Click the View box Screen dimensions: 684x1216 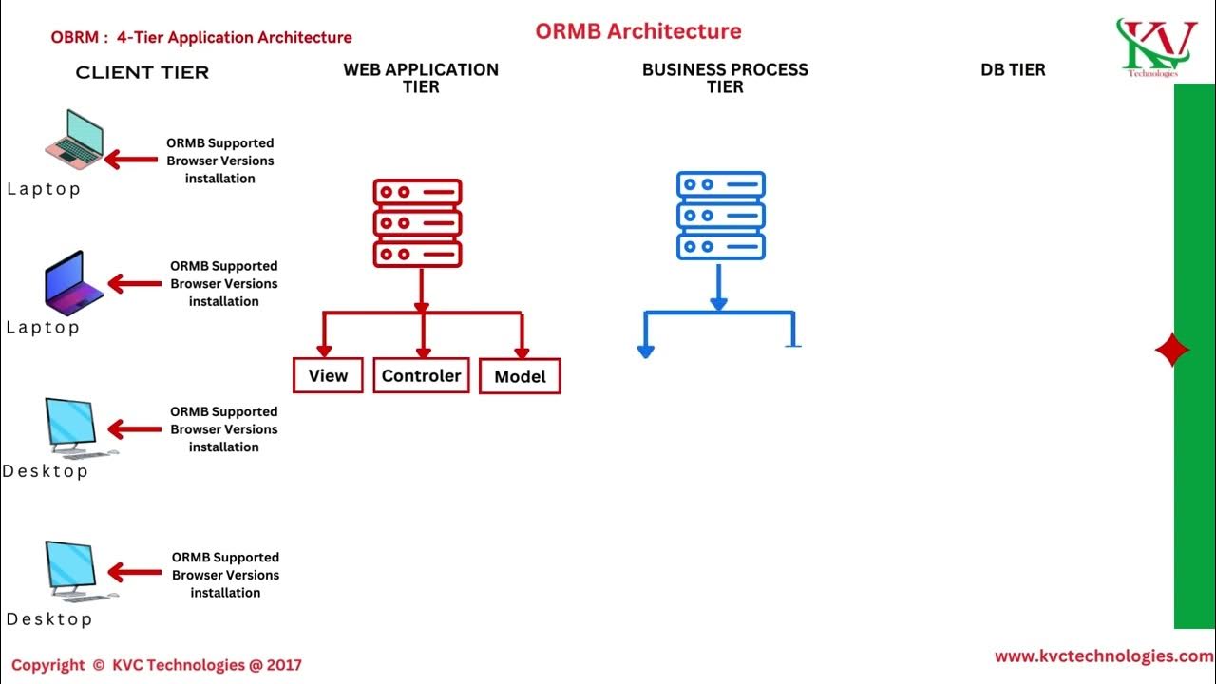tap(328, 375)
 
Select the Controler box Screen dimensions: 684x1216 tap(421, 375)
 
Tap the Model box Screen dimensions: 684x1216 tap(520, 376)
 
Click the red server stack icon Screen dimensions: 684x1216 tap(417, 222)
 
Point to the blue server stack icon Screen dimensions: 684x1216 tap(720, 216)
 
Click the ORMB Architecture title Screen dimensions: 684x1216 tap(637, 31)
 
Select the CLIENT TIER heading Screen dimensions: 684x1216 tap(142, 73)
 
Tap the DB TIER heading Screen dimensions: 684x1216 tap(1013, 69)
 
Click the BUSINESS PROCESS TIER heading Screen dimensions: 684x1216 tap(725, 78)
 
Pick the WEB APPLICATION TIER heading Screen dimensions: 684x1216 tap(421, 78)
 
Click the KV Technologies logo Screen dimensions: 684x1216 tap(1155, 47)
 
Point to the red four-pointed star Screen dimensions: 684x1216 tap(1171, 351)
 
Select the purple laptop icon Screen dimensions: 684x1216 tap(74, 282)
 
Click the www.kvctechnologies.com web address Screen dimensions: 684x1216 tap(1103, 656)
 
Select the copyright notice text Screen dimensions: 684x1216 tap(156, 665)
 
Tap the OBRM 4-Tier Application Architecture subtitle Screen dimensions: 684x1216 tap(201, 38)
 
